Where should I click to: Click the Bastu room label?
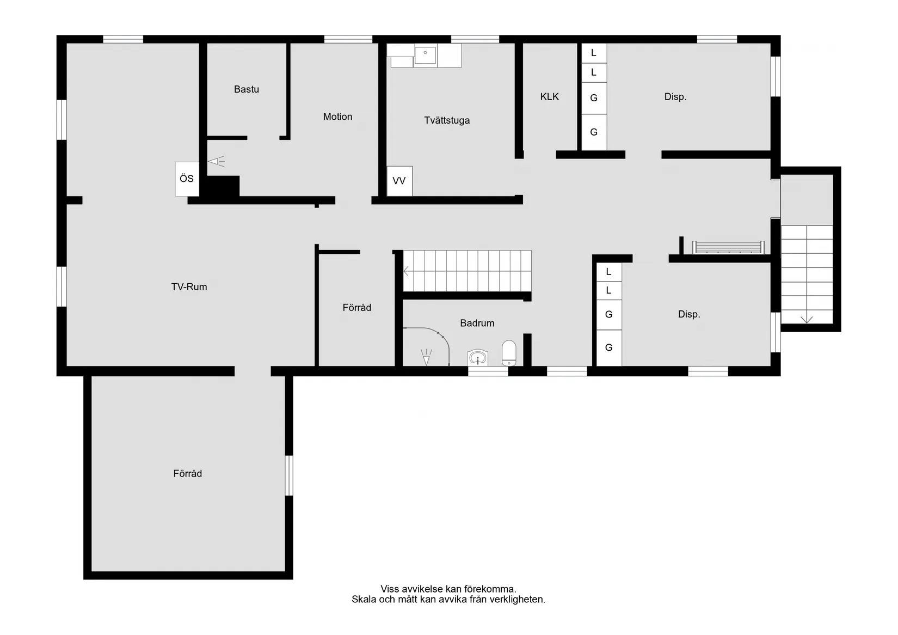246,89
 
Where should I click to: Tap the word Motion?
337,117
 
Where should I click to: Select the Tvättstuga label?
447,120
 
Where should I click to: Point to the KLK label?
549,97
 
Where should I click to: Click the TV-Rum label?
189,287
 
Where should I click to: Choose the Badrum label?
477,323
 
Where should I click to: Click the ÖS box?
187,179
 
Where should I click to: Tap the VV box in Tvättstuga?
399,181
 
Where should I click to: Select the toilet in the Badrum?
509,353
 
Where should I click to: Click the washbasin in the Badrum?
477,357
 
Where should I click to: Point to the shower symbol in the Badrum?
426,357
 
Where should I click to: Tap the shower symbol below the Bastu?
217,161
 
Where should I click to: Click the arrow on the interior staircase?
406,272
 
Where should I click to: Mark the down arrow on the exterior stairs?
807,320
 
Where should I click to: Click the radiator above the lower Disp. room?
728,247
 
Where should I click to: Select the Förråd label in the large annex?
188,474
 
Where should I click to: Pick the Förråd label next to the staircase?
357,308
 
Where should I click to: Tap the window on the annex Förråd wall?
288,475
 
